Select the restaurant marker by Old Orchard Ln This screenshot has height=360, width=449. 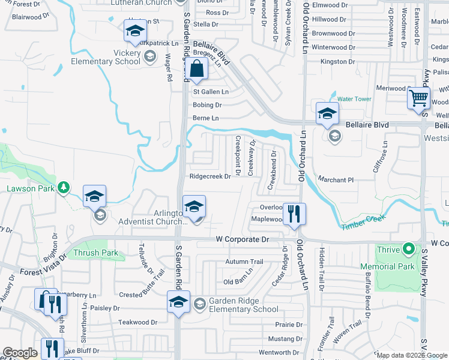pyautogui.click(x=294, y=215)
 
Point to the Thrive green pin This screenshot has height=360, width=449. pyautogui.click(x=409, y=248)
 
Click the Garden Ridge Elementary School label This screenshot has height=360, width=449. pyautogui.click(x=243, y=305)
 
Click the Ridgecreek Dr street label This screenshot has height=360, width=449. pyautogui.click(x=210, y=176)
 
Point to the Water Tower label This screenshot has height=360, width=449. pyautogui.click(x=354, y=99)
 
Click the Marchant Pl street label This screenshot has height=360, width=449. pyautogui.click(x=334, y=180)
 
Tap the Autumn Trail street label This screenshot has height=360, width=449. pyautogui.click(x=244, y=262)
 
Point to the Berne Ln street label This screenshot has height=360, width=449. pyautogui.click(x=205, y=118)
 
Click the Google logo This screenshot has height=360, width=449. pyautogui.click(x=20, y=353)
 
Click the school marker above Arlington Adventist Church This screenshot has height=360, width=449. pyautogui.click(x=193, y=207)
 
